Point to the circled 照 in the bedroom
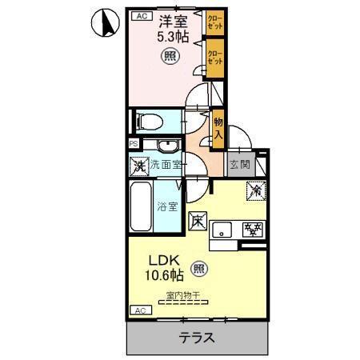[x=170, y=57]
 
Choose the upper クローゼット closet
[x=214, y=22]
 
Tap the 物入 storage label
[x=218, y=128]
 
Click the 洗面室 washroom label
[x=167, y=166]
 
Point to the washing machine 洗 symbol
[x=139, y=166]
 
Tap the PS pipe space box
[x=133, y=144]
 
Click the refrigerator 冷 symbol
[x=254, y=191]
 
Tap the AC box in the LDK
[x=140, y=310]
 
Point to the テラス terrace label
[x=196, y=338]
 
